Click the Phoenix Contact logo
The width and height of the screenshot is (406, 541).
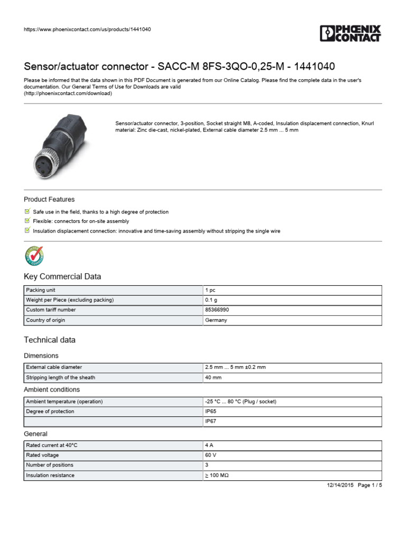pyautogui.click(x=350, y=33)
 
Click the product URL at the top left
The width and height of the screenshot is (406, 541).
pyautogui.click(x=87, y=30)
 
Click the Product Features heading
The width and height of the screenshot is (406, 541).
pyautogui.click(x=49, y=200)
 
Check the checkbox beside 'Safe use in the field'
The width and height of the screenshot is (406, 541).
pyautogui.click(x=27, y=211)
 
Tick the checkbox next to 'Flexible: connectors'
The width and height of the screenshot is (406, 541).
pyautogui.click(x=27, y=221)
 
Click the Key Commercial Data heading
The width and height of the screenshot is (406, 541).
pyautogui.click(x=62, y=277)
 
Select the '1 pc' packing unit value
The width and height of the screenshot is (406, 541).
pyautogui.click(x=210, y=290)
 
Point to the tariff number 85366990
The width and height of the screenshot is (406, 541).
pyautogui.click(x=217, y=310)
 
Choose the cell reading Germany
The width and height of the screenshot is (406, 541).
pyautogui.click(x=216, y=320)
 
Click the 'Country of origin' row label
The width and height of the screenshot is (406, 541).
pyautogui.click(x=45, y=320)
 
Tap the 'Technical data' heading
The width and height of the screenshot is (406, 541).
pyautogui.click(x=50, y=340)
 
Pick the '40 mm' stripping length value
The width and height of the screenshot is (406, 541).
pyautogui.click(x=213, y=377)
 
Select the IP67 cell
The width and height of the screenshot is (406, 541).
pyautogui.click(x=211, y=422)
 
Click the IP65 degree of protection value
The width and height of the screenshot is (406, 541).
pyautogui.click(x=211, y=412)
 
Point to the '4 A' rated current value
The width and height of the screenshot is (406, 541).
pyautogui.click(x=209, y=445)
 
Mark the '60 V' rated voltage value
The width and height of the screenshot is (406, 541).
pyautogui.click(x=210, y=455)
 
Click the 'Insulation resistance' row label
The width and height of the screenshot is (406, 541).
pyautogui.click(x=50, y=475)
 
